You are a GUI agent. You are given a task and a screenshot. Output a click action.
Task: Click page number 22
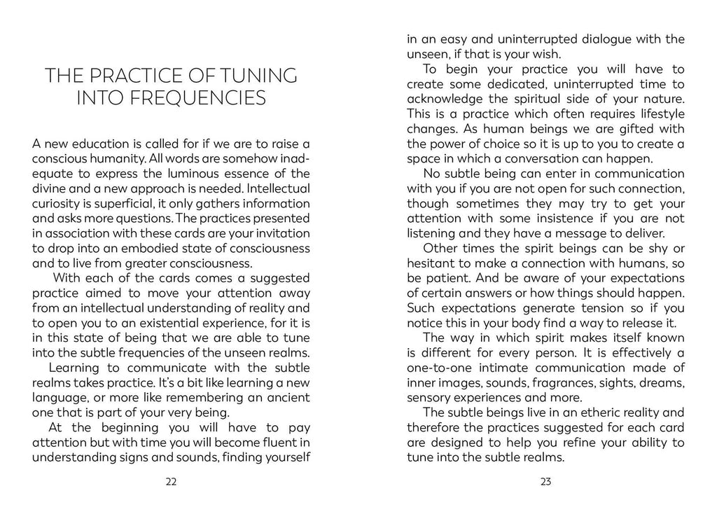point(171,481)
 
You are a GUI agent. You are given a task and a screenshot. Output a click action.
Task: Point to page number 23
point(546,481)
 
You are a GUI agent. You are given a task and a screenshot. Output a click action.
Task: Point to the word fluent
point(277,443)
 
